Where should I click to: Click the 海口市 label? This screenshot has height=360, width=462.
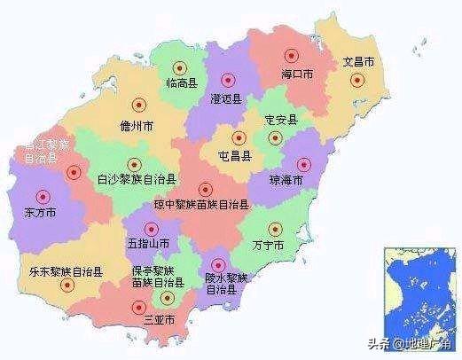pos(297,74)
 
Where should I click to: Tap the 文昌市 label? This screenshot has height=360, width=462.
pos(359,63)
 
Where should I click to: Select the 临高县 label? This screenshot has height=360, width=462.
pos(180,83)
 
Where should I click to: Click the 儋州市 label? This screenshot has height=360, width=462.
pos(137,125)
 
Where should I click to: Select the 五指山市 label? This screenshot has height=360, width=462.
pos(145,241)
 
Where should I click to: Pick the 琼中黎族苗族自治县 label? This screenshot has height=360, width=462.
pos(201,205)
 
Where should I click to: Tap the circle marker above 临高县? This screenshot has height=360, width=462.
pos(180,67)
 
